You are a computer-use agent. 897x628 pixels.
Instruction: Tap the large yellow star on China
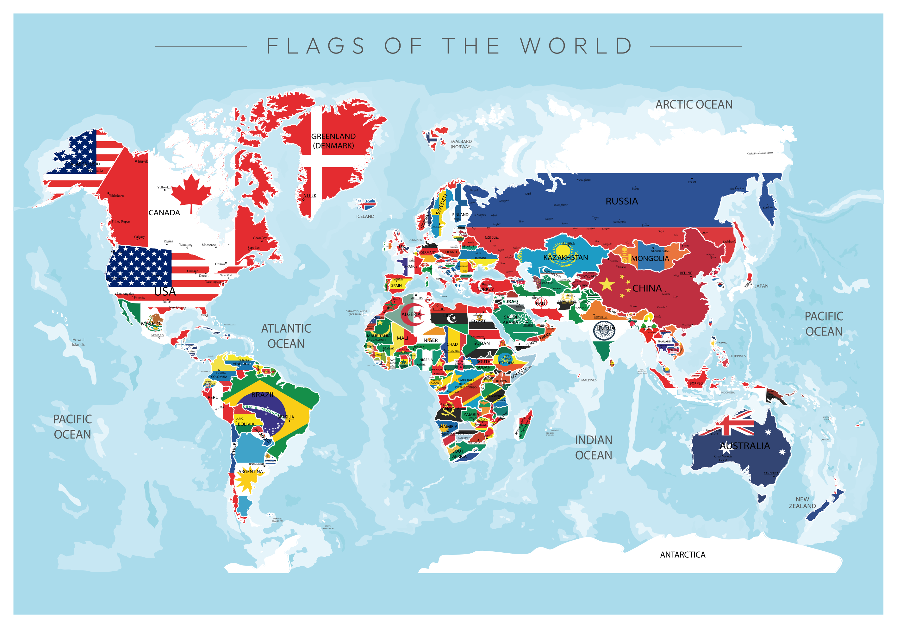[607, 284]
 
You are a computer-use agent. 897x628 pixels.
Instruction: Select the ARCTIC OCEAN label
[694, 105]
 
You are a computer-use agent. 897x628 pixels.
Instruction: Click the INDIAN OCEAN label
[594, 448]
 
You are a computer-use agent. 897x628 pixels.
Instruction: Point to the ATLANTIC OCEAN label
[286, 336]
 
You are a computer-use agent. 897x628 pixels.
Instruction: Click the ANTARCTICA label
[682, 555]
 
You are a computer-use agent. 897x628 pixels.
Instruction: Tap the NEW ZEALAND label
[802, 503]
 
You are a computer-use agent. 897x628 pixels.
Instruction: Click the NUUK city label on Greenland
[310, 196]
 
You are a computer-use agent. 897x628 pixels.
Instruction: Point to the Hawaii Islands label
[78, 342]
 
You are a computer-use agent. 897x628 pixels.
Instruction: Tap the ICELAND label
[365, 217]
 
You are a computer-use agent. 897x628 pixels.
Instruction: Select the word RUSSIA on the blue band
[621, 201]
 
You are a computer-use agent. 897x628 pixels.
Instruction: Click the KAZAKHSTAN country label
[565, 258]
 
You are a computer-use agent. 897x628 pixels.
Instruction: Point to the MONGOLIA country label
[650, 258]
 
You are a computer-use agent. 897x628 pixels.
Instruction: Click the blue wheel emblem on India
[604, 330]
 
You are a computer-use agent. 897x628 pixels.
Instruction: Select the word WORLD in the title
[576, 46]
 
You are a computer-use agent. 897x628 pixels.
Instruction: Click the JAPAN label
[761, 286]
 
